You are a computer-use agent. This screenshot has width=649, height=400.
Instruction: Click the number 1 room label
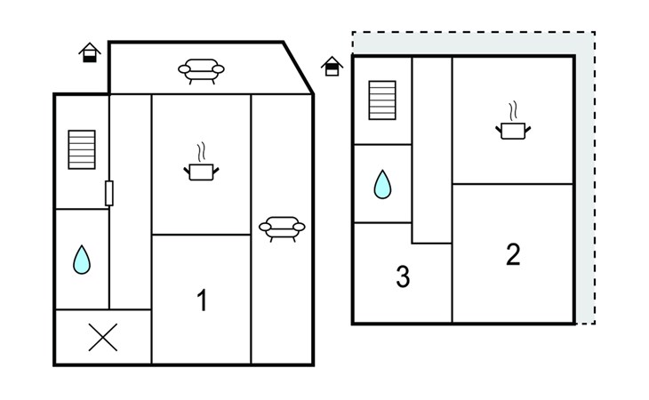click(x=202, y=300)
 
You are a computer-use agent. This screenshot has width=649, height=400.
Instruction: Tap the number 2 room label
click(x=513, y=254)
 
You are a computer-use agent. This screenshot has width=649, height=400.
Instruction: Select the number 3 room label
click(x=403, y=276)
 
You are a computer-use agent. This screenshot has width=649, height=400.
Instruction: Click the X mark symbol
click(x=103, y=338)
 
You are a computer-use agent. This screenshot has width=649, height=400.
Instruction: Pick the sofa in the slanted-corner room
click(x=201, y=71)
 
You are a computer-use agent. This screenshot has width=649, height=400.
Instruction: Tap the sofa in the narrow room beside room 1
click(x=282, y=228)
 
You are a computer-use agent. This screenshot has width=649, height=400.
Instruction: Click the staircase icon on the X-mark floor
click(x=82, y=149)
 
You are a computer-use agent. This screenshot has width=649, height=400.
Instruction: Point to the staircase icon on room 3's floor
click(x=382, y=100)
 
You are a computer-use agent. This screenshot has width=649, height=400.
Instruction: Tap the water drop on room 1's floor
click(x=82, y=260)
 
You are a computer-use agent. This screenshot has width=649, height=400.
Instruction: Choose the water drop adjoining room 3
click(x=382, y=185)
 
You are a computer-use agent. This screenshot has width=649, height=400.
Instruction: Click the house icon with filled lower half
click(x=90, y=52)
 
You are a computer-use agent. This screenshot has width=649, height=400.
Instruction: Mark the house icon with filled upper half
click(x=332, y=66)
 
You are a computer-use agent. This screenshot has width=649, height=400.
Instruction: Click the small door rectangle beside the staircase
click(x=109, y=193)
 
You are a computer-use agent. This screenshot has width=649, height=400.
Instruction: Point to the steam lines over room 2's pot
click(x=513, y=111)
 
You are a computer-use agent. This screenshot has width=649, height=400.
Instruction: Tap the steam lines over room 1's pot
click(x=201, y=152)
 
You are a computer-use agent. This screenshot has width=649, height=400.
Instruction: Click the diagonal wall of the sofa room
click(x=298, y=68)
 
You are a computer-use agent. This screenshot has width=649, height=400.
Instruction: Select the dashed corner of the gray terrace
click(x=595, y=32)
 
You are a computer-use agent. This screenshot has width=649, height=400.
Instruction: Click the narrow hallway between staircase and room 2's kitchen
click(x=432, y=149)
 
